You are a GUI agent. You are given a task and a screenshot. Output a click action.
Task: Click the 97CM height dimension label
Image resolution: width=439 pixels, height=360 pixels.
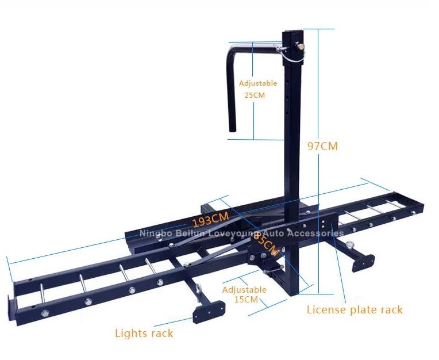coord(322,146)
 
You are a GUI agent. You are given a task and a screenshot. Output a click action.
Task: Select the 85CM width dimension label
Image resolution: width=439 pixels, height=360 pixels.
coord(265,244)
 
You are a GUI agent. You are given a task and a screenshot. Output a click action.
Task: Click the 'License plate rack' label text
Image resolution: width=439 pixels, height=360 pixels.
coord(355,310)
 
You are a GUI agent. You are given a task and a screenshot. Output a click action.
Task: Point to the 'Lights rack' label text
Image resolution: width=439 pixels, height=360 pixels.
coord(144,333)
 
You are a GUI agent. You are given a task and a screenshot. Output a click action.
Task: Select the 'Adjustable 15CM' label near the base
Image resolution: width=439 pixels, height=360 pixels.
coord(244,294)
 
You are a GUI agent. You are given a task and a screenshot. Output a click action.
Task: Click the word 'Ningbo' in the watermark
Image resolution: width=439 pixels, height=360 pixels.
coord(155,233)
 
